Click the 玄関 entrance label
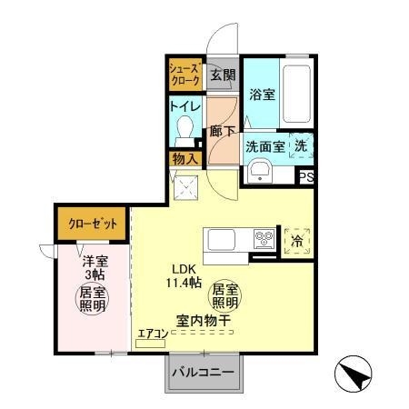(x=223, y=76)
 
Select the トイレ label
(x=185, y=106)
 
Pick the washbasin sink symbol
(x=261, y=170)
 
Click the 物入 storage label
(x=185, y=159)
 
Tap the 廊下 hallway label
(x=221, y=129)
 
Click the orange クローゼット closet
(x=92, y=223)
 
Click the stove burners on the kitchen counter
(x=264, y=240)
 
